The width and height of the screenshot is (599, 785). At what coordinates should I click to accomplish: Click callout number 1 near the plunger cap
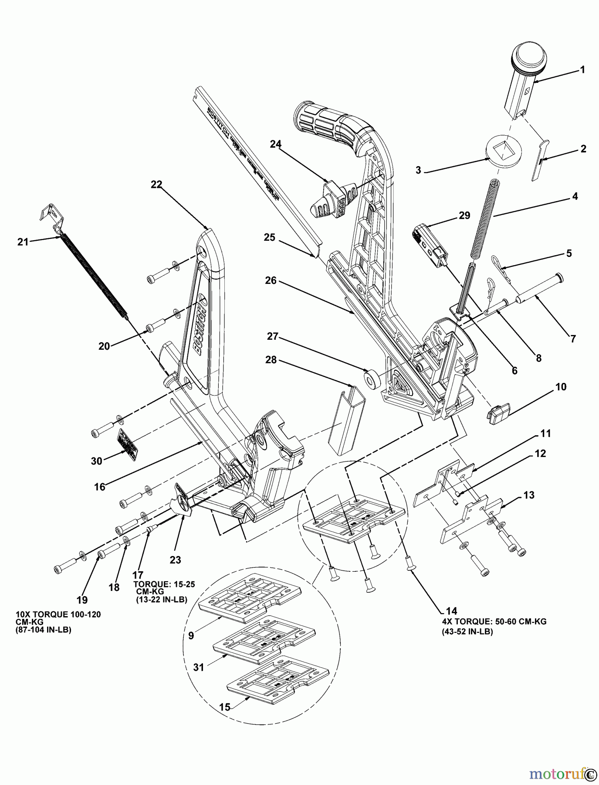(582, 70)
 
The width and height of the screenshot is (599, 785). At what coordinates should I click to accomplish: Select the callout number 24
(275, 144)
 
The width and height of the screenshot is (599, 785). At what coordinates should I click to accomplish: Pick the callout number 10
(561, 387)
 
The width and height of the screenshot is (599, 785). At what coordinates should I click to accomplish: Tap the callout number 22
(156, 185)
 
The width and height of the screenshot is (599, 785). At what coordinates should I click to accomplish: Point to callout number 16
(100, 487)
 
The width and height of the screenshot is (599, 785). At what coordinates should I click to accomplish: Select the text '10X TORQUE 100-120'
(58, 614)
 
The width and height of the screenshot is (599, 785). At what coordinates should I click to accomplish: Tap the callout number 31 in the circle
(199, 668)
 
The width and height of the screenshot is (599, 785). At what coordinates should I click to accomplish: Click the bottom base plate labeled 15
(267, 686)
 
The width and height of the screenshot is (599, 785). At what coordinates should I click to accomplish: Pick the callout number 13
(528, 495)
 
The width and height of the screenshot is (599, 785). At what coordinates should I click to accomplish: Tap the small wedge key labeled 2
(540, 160)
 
